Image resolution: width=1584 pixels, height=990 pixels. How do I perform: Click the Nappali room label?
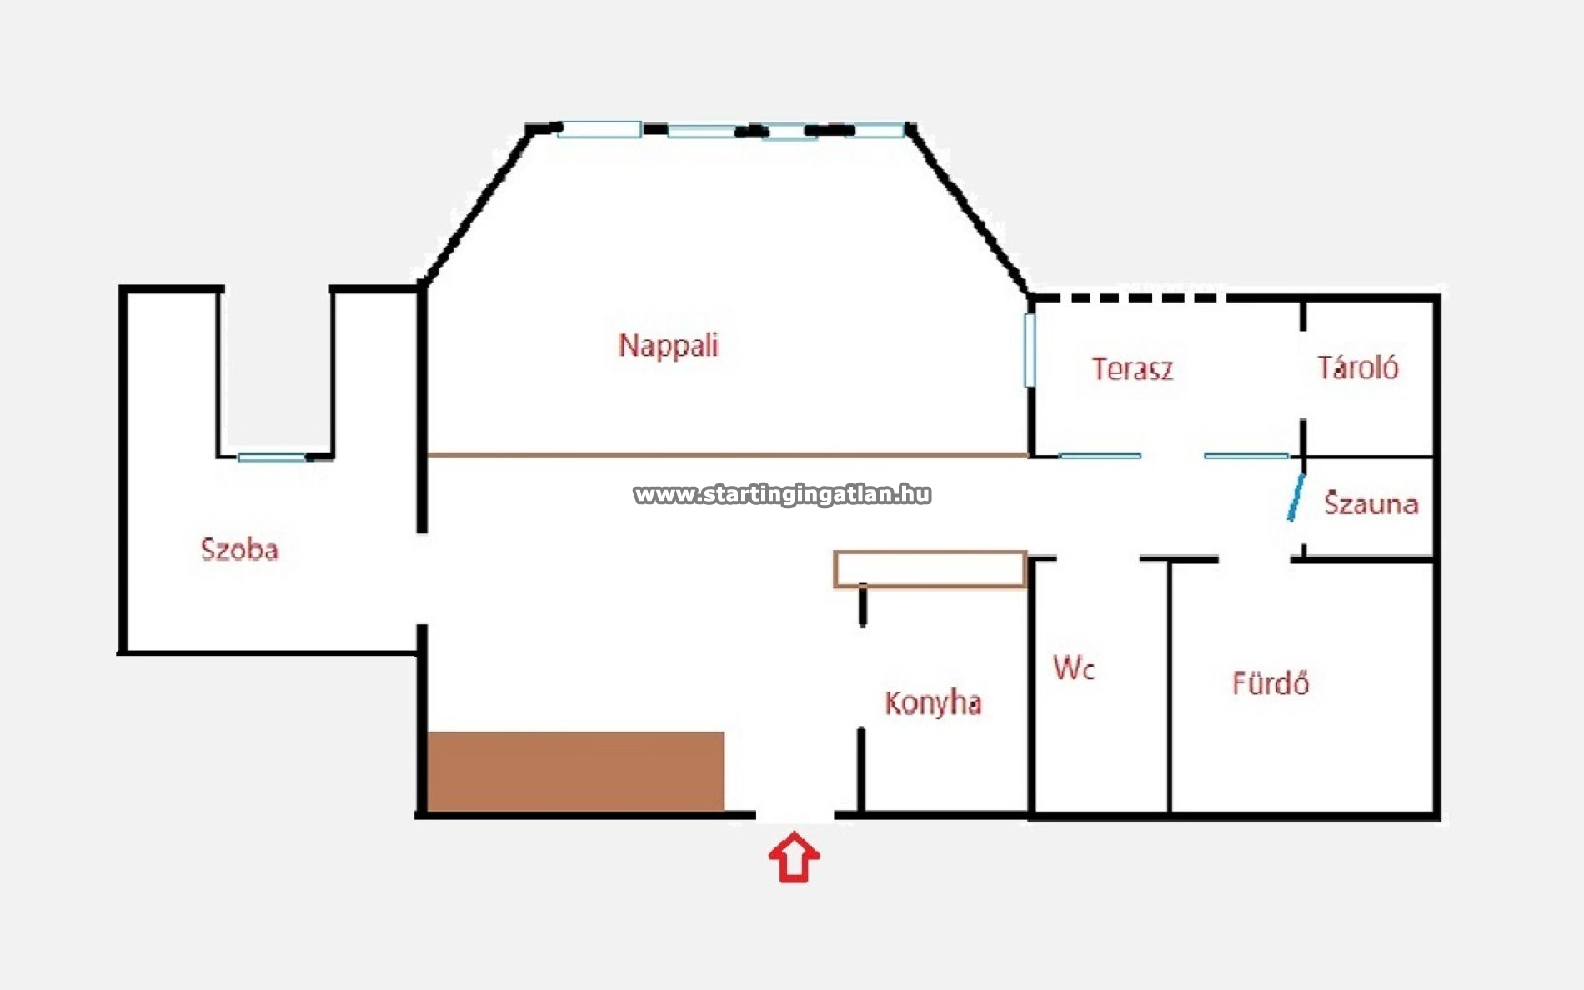(x=668, y=346)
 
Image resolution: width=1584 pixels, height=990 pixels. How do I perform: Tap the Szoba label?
(x=239, y=549)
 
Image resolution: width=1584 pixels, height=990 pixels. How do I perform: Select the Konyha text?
(x=933, y=703)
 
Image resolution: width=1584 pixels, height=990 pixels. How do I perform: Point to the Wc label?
(x=1074, y=667)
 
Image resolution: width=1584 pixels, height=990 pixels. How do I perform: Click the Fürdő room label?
(x=1271, y=683)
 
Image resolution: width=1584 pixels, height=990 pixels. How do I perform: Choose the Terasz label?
(x=1133, y=369)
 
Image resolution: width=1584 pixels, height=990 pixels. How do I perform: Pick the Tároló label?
(x=1358, y=367)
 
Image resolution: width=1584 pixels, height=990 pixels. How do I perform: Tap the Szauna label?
(x=1371, y=503)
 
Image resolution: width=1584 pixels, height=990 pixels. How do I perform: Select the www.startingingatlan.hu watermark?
(x=782, y=494)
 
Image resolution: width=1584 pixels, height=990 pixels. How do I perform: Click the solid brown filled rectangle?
(x=576, y=771)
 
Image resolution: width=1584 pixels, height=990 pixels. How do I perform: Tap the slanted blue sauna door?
(x=1296, y=497)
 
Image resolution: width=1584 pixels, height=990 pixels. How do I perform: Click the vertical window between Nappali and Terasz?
(x=1030, y=350)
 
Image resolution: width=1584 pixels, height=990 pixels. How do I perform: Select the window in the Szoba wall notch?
(x=273, y=457)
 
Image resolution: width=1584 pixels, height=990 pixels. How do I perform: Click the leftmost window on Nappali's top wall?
(x=599, y=129)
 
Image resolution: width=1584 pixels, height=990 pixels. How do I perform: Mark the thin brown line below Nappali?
(x=728, y=455)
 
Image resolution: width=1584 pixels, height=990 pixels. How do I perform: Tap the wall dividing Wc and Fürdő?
(x=1170, y=686)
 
